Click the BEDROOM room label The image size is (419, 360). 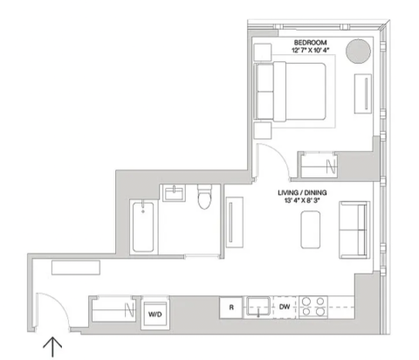(x=310, y=43)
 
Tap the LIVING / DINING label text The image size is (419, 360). (x=302, y=192)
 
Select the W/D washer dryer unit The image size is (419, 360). (x=155, y=313)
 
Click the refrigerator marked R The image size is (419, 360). (x=231, y=308)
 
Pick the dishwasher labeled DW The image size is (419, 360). (x=285, y=307)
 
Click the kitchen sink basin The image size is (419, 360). (x=258, y=306)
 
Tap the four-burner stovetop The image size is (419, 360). (x=313, y=307)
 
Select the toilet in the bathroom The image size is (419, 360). (x=204, y=197)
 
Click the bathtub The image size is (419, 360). (x=143, y=227)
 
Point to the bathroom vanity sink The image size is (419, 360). (x=174, y=193)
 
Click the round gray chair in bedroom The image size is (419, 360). (x=358, y=51)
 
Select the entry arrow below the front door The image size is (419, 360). (x=52, y=347)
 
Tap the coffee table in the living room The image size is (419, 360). (x=311, y=230)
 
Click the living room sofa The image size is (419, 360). (x=354, y=230)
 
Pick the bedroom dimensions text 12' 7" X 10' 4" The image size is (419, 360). (x=310, y=50)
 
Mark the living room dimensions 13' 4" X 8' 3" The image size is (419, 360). (x=302, y=200)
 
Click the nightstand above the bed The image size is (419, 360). (x=263, y=52)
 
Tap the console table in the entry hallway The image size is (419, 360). (x=76, y=267)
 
